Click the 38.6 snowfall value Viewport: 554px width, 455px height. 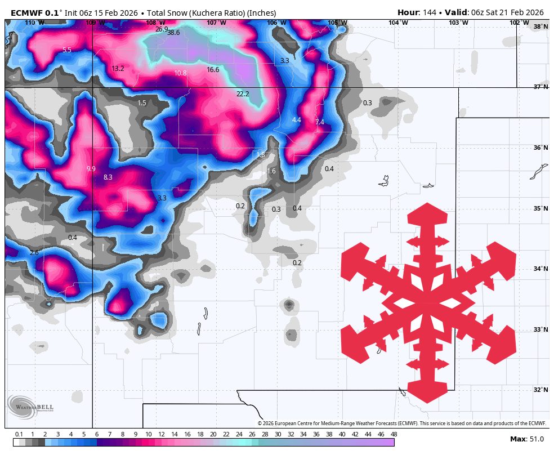[173, 33]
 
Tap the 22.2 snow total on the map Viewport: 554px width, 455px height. [243, 94]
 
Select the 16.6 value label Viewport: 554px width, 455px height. [213, 70]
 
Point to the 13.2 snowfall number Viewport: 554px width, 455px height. [118, 69]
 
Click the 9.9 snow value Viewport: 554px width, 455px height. [91, 169]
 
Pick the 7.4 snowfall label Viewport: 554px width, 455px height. [320, 122]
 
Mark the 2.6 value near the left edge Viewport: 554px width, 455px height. [34, 253]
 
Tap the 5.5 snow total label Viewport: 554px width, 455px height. [67, 50]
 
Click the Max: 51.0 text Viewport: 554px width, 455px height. [526, 439]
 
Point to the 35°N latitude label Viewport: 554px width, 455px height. [541, 208]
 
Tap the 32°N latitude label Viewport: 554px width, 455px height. [541, 390]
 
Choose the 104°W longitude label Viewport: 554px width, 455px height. [397, 23]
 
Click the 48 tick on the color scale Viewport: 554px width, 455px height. [394, 434]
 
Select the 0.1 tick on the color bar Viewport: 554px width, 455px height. [19, 434]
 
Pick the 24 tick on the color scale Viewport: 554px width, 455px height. [239, 434]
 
